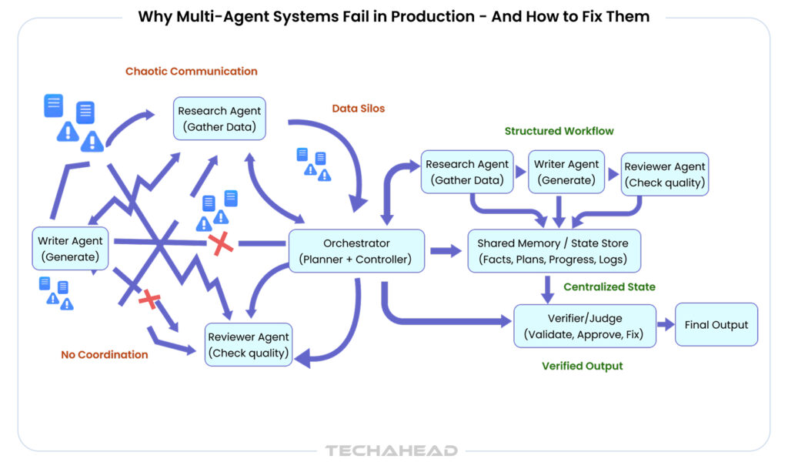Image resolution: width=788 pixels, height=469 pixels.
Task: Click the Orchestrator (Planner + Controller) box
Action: [356, 251]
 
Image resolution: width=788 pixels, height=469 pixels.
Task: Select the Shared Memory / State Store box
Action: [553, 251]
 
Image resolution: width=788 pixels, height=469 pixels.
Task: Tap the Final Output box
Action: [716, 325]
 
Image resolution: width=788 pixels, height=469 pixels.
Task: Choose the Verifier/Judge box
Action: [584, 326]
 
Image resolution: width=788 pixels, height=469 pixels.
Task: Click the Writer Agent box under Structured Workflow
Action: [566, 173]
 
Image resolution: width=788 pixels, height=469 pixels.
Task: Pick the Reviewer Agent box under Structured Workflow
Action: [665, 175]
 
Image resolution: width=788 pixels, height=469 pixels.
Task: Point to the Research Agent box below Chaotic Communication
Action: [219, 119]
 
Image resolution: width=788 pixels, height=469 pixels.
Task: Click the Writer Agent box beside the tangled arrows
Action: [70, 249]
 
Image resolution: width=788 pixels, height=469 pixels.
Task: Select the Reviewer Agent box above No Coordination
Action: [249, 345]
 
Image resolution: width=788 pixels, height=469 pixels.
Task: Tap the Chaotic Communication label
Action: [192, 71]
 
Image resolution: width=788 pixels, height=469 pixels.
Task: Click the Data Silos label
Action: [358, 109]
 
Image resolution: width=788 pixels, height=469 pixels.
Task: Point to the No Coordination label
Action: [105, 355]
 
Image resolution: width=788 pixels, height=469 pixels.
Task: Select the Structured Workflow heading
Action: [559, 131]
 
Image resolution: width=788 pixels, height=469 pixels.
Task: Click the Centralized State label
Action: [609, 287]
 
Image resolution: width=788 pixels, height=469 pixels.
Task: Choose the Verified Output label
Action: [583, 366]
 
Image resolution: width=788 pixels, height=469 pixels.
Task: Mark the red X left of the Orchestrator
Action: [221, 245]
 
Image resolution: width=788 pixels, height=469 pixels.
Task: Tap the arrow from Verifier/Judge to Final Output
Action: [665, 325]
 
